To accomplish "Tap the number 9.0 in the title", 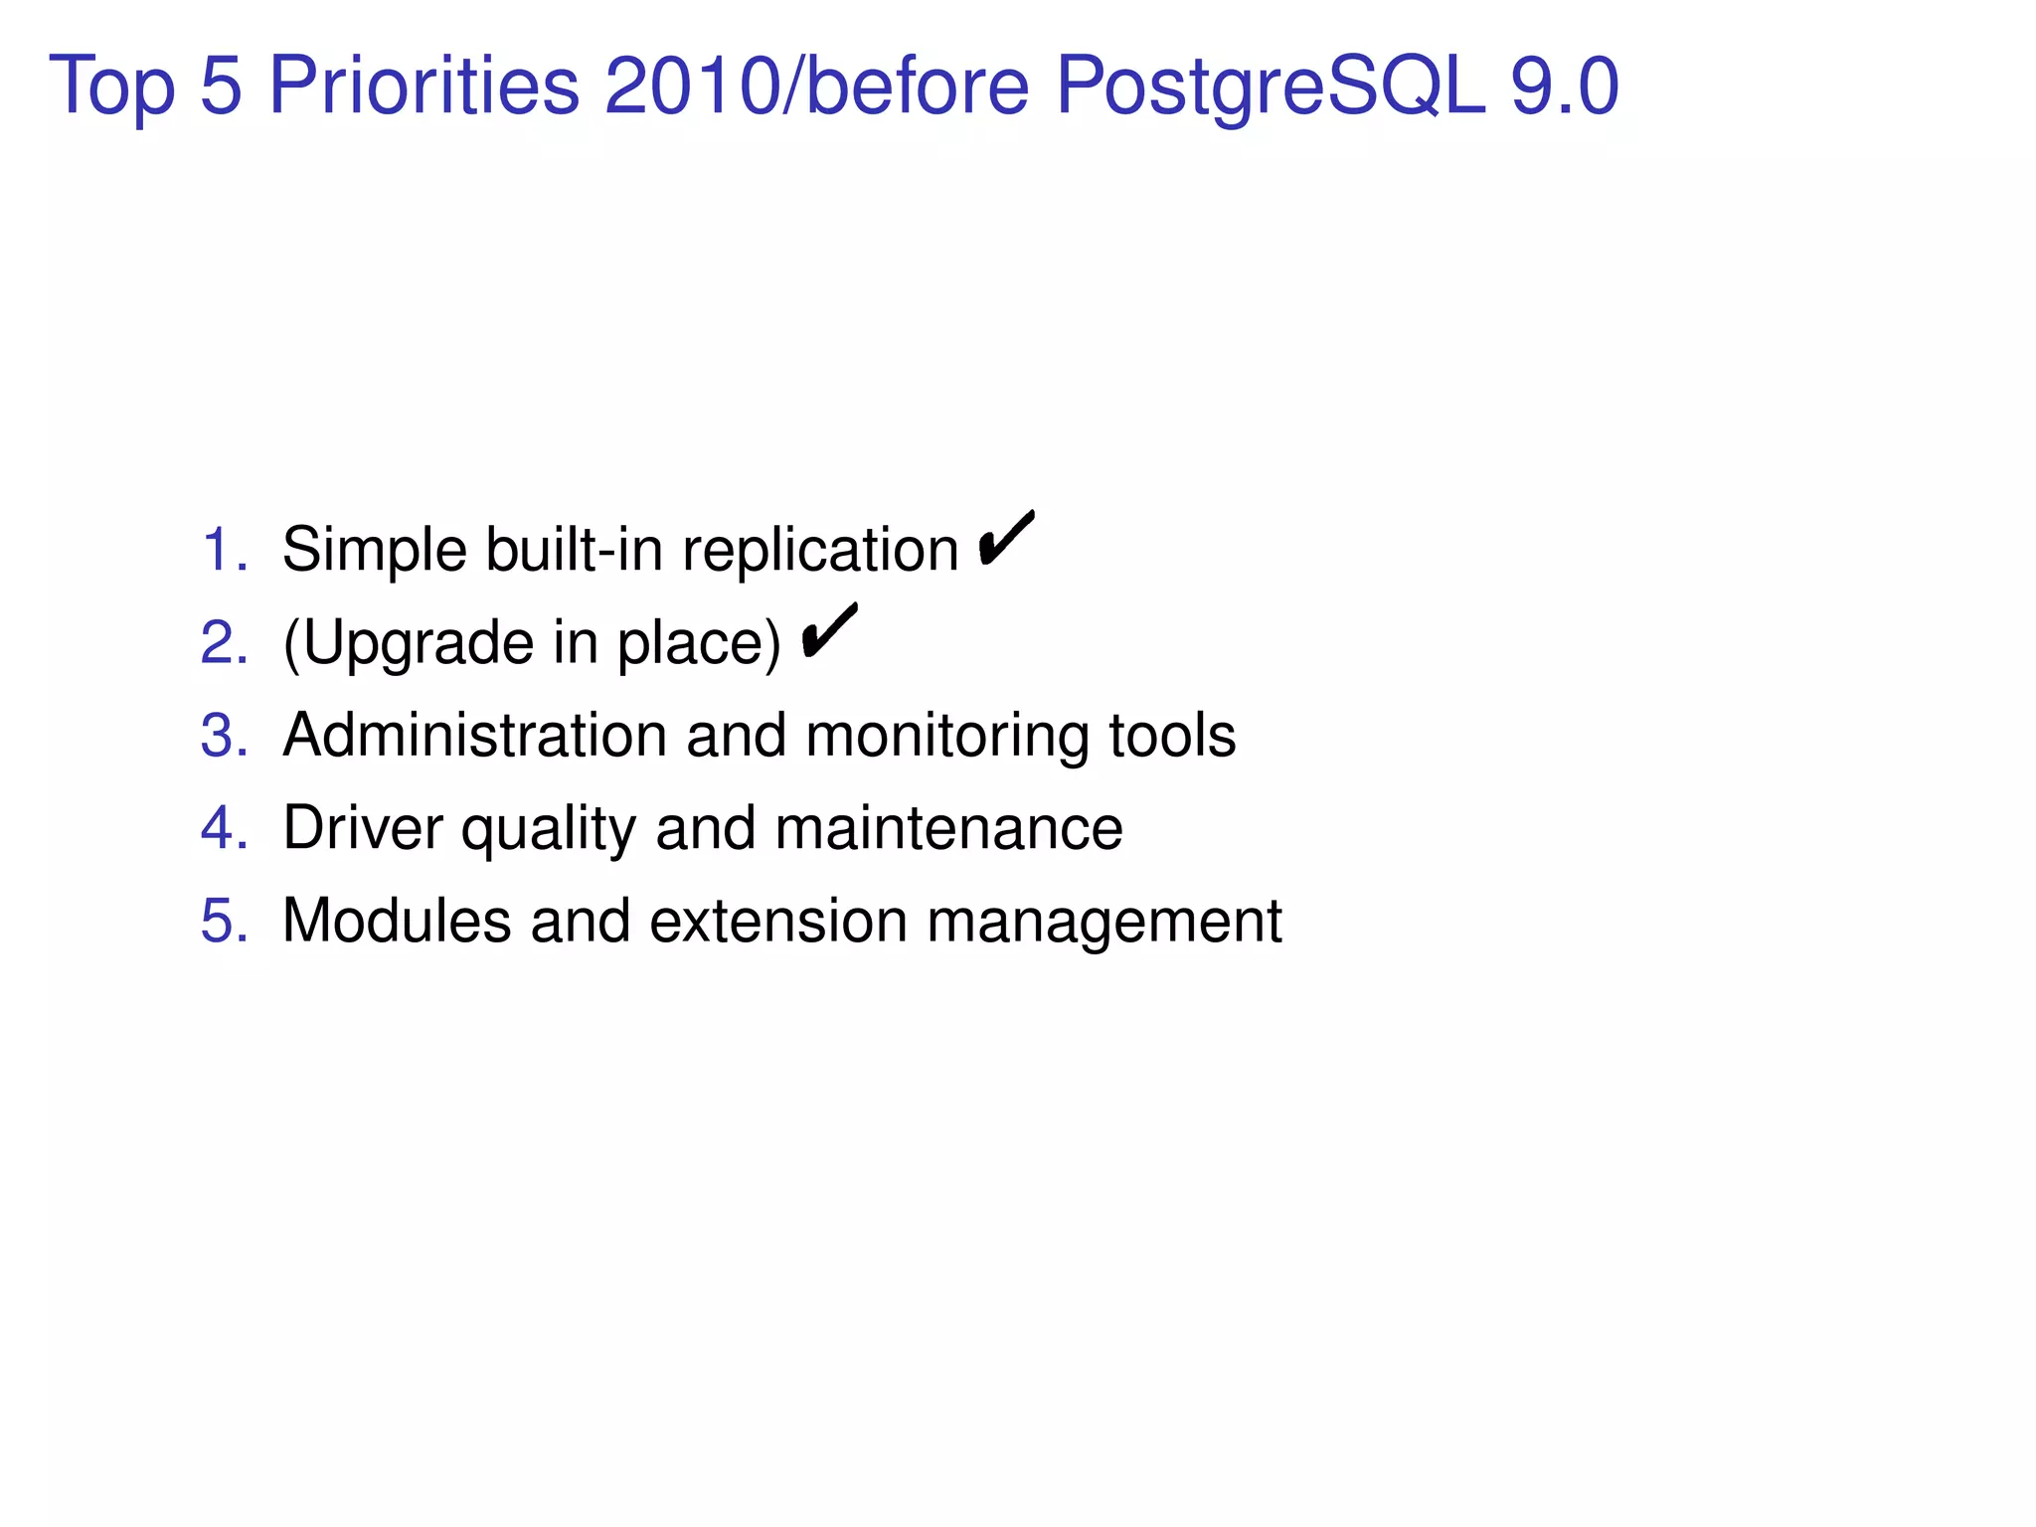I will click(1565, 86).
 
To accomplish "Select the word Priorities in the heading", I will click(424, 86).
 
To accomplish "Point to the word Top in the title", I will click(111, 86).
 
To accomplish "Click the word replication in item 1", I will click(820, 551).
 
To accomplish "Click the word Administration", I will click(474, 735).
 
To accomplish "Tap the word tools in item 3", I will click(1172, 735).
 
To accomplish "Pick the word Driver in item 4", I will click(363, 827).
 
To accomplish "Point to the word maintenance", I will click(948, 827).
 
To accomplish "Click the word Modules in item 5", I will click(397, 921).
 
